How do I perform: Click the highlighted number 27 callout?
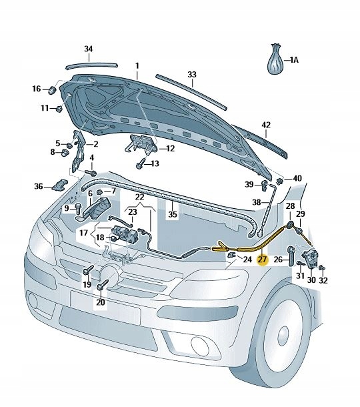262,260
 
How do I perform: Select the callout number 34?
89,49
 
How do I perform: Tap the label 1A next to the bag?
294,60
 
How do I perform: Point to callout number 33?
192,74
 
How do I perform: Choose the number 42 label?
266,125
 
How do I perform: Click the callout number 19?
87,285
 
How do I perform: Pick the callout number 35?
173,215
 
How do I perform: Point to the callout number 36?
39,186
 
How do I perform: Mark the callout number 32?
323,280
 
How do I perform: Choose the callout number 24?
247,260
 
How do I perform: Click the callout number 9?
67,209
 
